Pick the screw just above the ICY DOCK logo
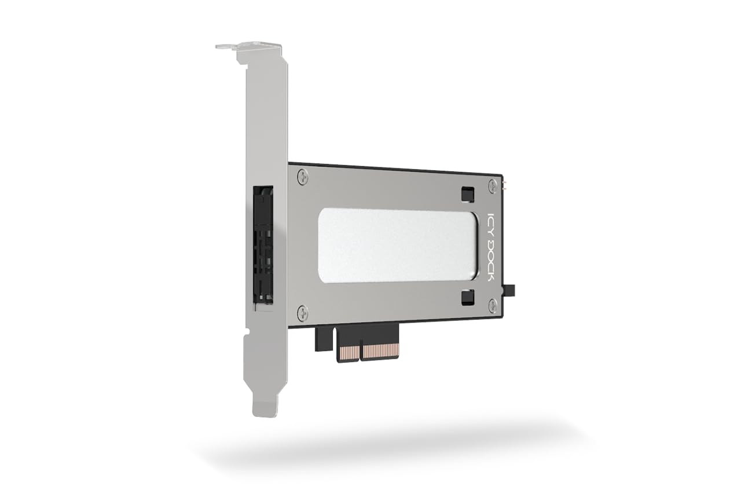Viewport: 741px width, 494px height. click(x=492, y=186)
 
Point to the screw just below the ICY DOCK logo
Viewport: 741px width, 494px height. click(x=492, y=305)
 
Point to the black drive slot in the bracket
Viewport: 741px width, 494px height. click(x=264, y=246)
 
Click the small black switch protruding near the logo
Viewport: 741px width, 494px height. click(x=512, y=289)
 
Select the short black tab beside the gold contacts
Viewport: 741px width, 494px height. click(x=322, y=339)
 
